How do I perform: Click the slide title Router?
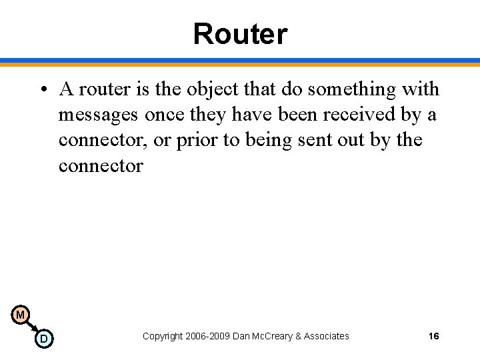click(x=240, y=34)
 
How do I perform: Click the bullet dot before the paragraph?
click(x=42, y=89)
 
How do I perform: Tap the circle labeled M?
click(x=20, y=315)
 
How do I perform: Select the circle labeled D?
click(x=43, y=339)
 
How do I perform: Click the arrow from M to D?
click(x=31, y=327)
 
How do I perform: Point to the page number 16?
click(x=433, y=336)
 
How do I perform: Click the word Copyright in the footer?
click(x=161, y=336)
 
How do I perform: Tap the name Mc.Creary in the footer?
click(x=273, y=336)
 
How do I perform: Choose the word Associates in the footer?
click(x=327, y=336)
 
